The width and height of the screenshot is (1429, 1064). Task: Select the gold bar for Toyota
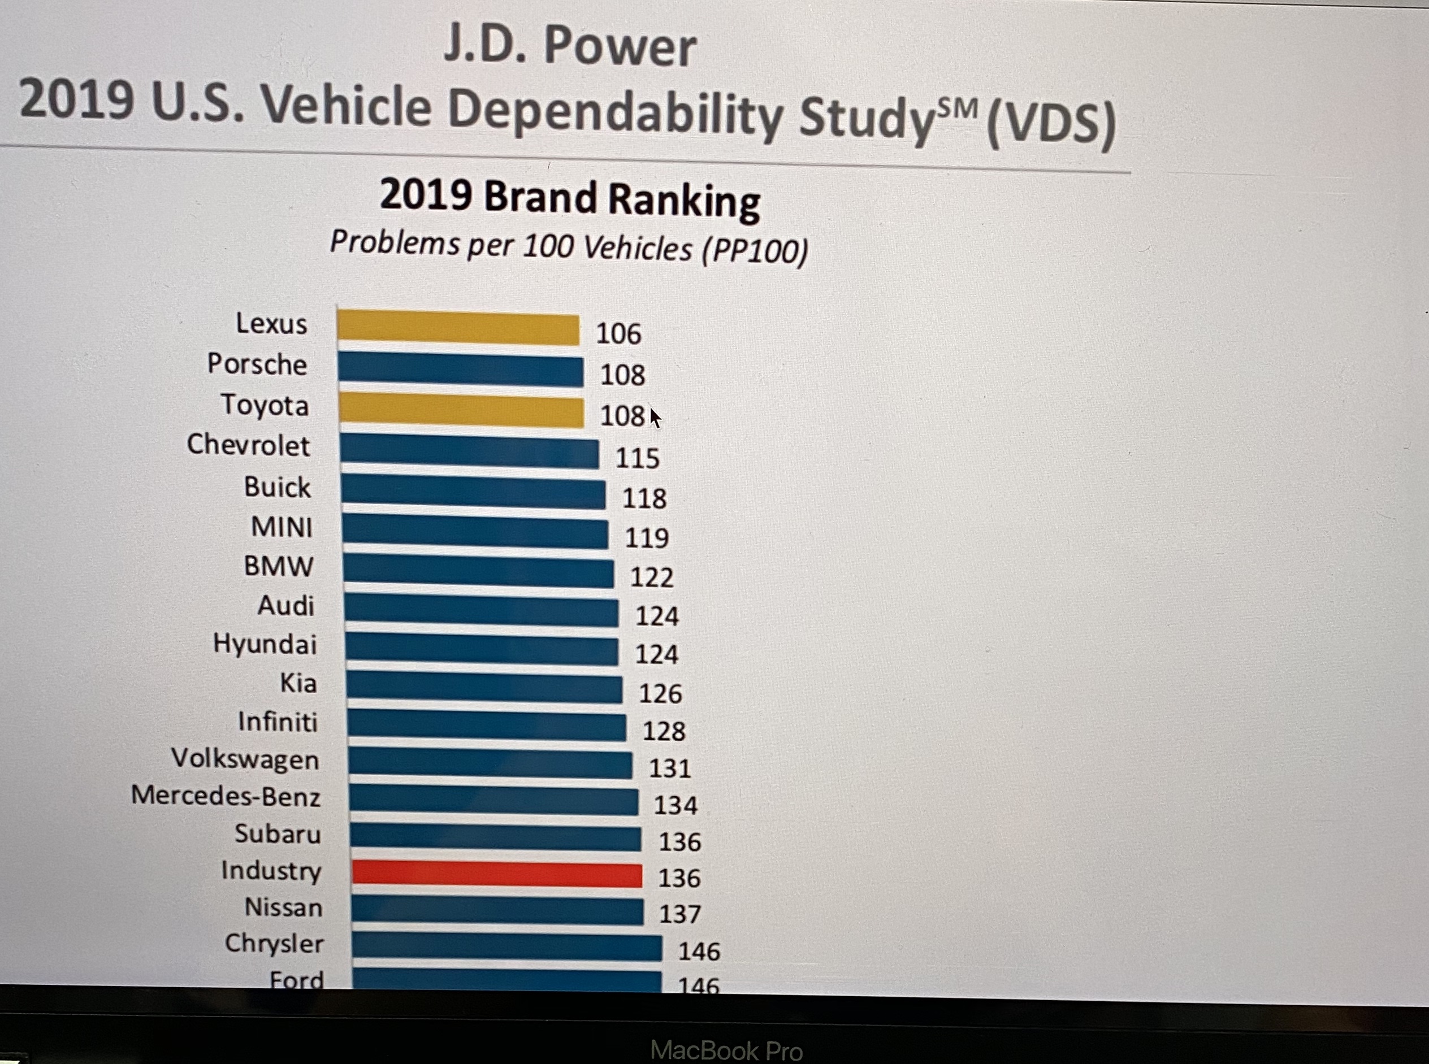coord(461,412)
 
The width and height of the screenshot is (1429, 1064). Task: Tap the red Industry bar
coord(497,875)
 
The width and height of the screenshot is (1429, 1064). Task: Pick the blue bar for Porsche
coord(460,370)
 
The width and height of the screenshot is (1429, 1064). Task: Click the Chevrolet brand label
coord(248,445)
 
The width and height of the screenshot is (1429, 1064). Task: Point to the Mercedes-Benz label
coord(226,796)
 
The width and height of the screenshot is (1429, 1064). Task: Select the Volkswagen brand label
coord(245,759)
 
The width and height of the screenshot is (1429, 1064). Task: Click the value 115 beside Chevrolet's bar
coord(637,458)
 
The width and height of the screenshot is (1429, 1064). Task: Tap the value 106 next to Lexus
coord(618,333)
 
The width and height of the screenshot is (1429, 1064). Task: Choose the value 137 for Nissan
coord(679,914)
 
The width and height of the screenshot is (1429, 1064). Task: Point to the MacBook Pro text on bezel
coord(726,1050)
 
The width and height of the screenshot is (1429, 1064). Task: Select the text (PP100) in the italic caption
coord(755,250)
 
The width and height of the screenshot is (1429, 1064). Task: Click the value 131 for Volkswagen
coord(670,768)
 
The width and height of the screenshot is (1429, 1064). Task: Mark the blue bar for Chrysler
coord(506,946)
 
